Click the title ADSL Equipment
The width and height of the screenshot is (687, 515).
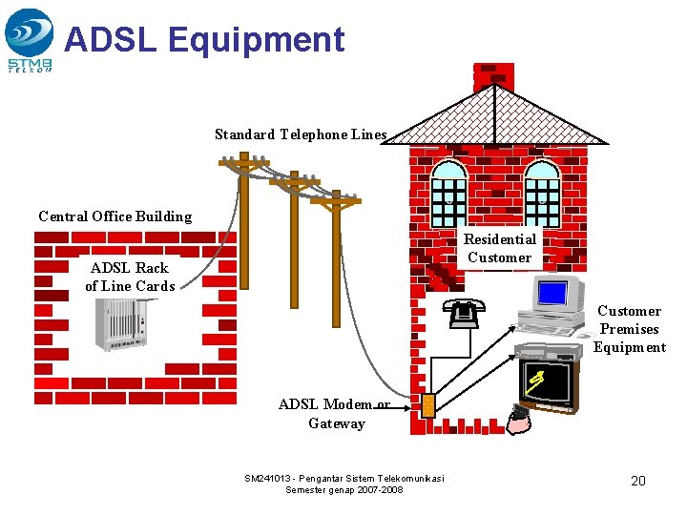[x=204, y=39]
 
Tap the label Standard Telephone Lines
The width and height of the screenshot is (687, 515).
[x=301, y=134]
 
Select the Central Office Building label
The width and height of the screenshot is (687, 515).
[x=114, y=216]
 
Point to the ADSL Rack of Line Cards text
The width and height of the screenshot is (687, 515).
[x=130, y=277]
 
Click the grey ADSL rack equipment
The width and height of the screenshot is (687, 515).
[x=122, y=324]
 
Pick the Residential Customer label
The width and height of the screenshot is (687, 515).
[x=500, y=248]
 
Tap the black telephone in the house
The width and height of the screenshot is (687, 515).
[x=465, y=314]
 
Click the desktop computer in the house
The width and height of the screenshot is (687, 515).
[x=553, y=305]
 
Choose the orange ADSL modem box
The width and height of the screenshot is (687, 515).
[x=428, y=405]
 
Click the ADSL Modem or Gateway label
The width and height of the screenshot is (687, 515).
[x=335, y=414]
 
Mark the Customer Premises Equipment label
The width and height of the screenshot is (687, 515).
[x=629, y=329]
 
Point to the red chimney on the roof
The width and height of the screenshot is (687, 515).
[x=493, y=75]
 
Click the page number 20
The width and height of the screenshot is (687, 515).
[x=638, y=481]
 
